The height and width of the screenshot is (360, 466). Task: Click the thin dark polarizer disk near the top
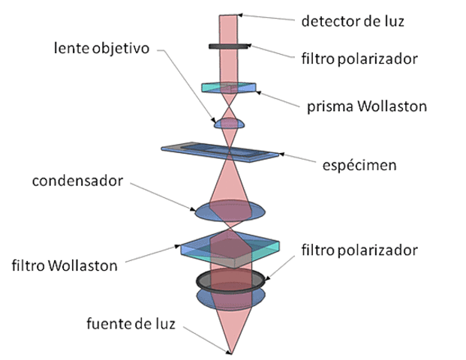[x=230, y=46]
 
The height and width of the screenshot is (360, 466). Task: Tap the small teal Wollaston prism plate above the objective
[x=230, y=87]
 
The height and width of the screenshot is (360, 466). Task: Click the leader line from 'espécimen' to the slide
[x=308, y=159]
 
